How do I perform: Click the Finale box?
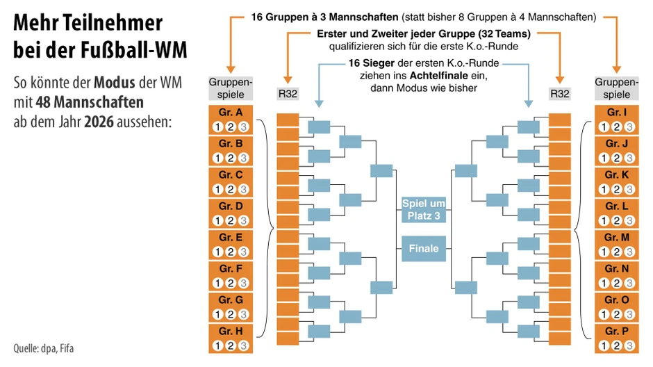[x=424, y=248]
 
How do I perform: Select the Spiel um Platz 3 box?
[x=424, y=210]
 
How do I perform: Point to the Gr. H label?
[x=231, y=332]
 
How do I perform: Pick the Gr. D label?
[x=231, y=206]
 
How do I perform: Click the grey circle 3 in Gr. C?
[x=243, y=189]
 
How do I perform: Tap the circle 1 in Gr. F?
[x=218, y=283]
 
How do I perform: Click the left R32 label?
[x=287, y=94]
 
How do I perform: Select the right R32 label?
[x=559, y=94]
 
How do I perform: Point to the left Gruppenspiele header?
[x=231, y=88]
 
